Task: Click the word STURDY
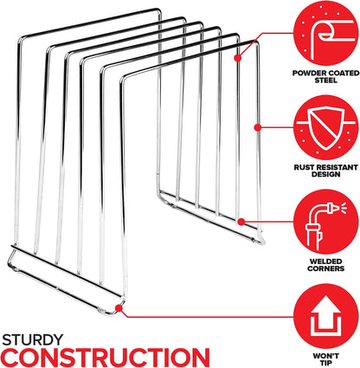click(x=33, y=339)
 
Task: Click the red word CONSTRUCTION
click(x=106, y=358)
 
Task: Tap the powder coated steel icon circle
click(x=326, y=33)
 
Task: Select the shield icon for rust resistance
click(x=326, y=127)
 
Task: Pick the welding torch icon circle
click(x=326, y=222)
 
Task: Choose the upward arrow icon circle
click(x=326, y=316)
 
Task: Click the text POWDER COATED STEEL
click(x=326, y=76)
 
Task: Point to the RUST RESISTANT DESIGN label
click(x=326, y=171)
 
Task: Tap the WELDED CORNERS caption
click(x=326, y=265)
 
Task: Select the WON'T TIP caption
click(x=326, y=359)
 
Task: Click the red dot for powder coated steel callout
click(x=238, y=58)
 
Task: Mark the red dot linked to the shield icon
click(x=258, y=127)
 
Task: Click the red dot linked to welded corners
click(x=241, y=222)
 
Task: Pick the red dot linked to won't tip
click(x=119, y=307)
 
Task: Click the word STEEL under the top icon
click(x=326, y=81)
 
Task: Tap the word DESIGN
click(x=326, y=175)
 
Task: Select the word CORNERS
click(x=326, y=268)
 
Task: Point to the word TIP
click(x=326, y=363)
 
